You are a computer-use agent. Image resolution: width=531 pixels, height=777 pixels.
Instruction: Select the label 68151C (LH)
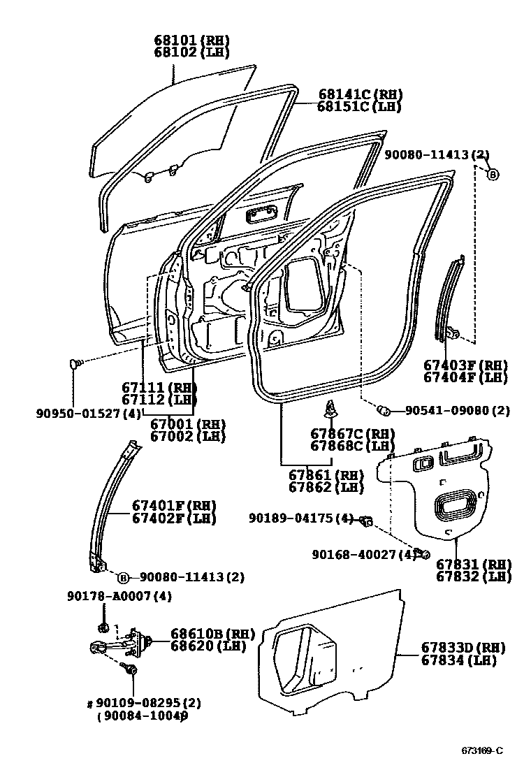(x=359, y=107)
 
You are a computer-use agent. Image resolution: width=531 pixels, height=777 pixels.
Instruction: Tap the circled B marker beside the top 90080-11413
(x=493, y=174)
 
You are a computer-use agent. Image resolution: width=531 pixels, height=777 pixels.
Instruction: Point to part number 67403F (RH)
(x=466, y=365)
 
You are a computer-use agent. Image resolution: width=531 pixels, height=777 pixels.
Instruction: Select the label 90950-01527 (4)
(x=89, y=413)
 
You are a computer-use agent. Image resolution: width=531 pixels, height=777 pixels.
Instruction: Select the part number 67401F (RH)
(x=174, y=506)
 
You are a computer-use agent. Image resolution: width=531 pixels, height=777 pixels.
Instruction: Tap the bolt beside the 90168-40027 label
(x=422, y=554)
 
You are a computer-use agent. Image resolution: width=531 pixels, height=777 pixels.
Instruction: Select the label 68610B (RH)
(x=213, y=634)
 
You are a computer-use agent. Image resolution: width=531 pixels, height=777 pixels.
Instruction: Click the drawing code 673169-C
(x=481, y=751)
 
